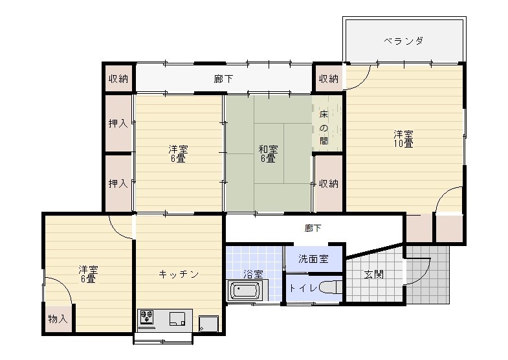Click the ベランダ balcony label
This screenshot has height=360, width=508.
point(403,41)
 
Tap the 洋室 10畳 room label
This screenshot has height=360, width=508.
point(403,139)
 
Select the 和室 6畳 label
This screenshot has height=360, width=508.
point(269,154)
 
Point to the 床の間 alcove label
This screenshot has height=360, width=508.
point(324,128)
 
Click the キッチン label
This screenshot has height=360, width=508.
point(179,275)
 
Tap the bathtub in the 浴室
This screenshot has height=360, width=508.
point(245,290)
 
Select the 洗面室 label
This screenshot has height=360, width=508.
point(313,259)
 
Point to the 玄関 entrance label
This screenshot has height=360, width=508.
point(374,275)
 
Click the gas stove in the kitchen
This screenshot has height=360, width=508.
point(146,317)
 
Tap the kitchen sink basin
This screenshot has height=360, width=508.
point(177,319)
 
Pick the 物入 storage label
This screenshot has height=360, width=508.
point(58,319)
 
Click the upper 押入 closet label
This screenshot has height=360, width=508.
point(118,123)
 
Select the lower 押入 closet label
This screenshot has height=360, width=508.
point(118,184)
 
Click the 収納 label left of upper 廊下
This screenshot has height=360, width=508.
point(118,79)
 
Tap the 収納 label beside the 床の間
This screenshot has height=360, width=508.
point(329,184)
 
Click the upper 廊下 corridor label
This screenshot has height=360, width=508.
point(223,79)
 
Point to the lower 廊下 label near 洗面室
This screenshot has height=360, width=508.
point(313,229)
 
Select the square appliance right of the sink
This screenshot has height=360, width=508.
point(208,324)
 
